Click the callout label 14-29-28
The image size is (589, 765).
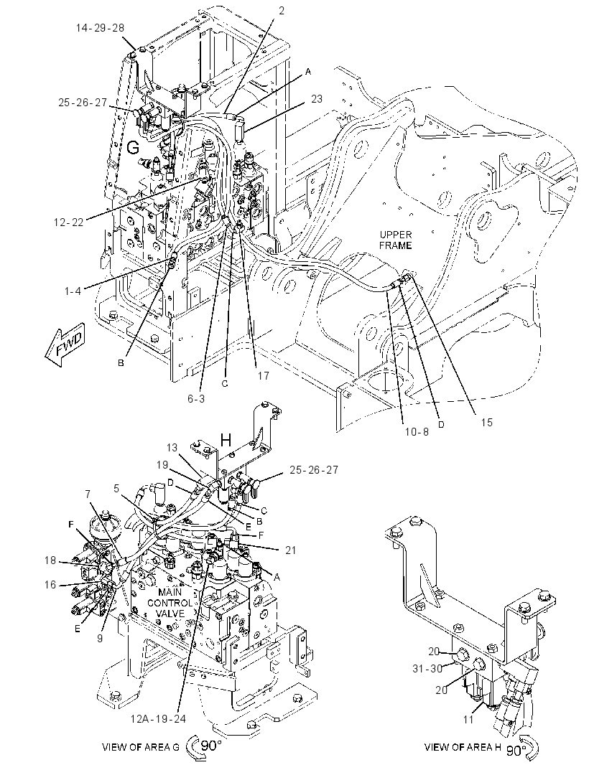point(100,27)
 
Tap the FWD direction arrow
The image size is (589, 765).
point(65,347)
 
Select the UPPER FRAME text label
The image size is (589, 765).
point(396,240)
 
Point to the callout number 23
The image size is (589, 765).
point(317,98)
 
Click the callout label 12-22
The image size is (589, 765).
point(69,222)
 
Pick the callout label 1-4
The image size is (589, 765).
point(73,291)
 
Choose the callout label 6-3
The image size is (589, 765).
point(196,398)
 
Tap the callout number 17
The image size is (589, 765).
point(263,375)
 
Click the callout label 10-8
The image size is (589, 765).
point(417,431)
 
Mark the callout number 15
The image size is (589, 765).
point(486,422)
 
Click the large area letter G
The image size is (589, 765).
point(133,146)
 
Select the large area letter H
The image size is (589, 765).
point(226,440)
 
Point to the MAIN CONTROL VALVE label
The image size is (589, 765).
point(170,603)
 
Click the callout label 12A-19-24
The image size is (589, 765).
point(158,718)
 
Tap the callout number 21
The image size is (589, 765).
point(291,550)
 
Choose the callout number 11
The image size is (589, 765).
point(468,719)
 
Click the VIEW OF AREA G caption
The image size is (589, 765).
point(141,747)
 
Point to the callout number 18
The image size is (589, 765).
point(50,560)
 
